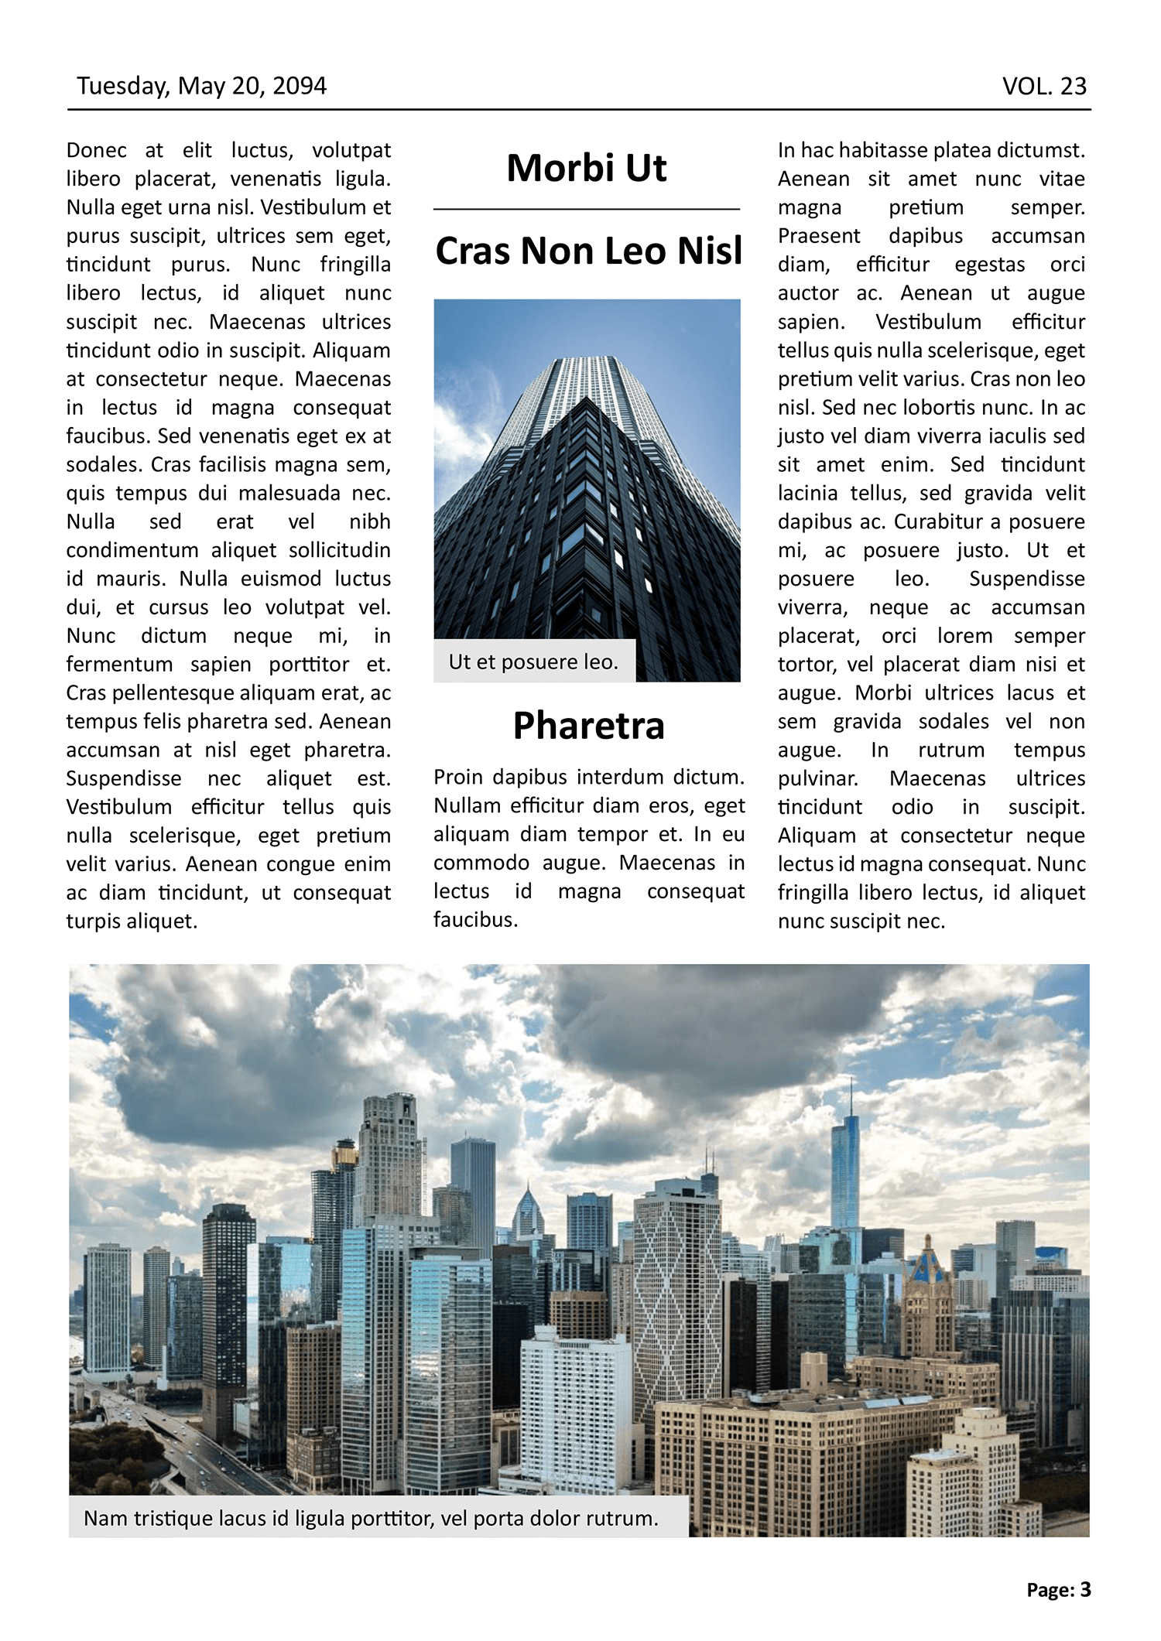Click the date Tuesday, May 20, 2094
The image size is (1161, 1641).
[201, 86]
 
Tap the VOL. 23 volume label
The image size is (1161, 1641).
[1044, 86]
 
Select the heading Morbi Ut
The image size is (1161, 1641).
[586, 169]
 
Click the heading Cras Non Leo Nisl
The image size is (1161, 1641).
[588, 251]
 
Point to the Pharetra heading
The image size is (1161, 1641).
[588, 726]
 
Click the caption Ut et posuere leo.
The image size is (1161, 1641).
[533, 662]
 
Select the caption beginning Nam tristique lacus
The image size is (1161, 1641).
[371, 1518]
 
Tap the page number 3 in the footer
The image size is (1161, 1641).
[1085, 1590]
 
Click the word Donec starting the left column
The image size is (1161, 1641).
[96, 150]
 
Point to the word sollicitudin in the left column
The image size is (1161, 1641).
[339, 550]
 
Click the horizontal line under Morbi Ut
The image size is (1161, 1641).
[586, 209]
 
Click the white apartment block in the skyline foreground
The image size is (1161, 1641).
[574, 1408]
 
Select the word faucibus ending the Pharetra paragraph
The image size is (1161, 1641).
[474, 919]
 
